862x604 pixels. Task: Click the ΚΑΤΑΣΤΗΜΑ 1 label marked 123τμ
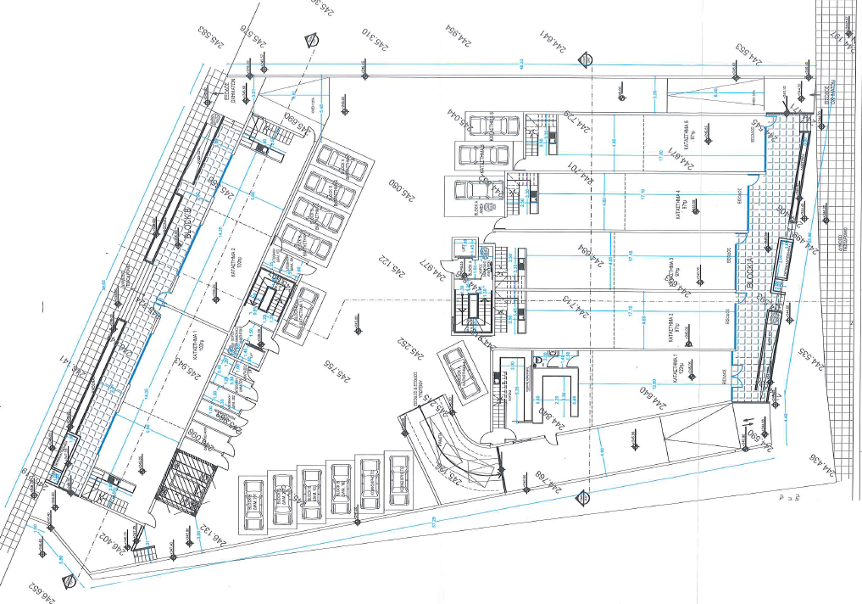tap(678, 375)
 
